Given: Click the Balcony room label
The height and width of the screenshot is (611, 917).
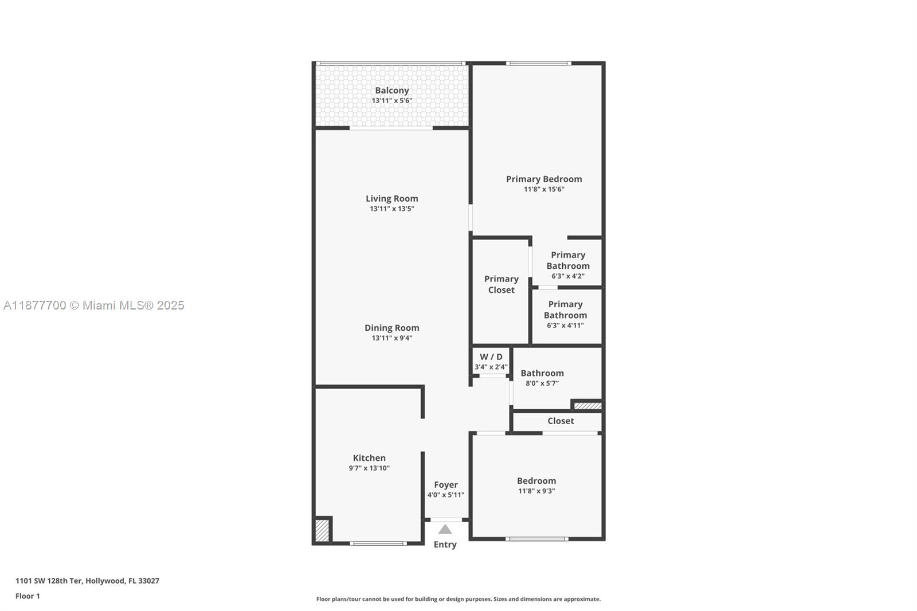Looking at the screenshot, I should coord(392,91).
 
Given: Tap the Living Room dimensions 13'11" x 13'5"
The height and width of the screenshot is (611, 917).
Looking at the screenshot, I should coord(392,209).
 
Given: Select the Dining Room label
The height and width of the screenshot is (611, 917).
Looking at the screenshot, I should coord(392,328).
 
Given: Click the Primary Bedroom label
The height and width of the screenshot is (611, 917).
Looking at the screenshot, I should coord(544,179).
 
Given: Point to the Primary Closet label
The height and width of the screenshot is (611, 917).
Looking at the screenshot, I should coord(501,284).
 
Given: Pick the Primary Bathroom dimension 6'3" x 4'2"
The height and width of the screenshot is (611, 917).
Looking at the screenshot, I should coord(568,276).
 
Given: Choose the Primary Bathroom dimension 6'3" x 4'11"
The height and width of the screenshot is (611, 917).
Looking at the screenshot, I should coord(565,326).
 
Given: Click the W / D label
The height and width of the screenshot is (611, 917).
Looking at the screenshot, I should coord(491,357).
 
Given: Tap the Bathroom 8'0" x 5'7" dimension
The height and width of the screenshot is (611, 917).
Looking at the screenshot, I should coord(542,383).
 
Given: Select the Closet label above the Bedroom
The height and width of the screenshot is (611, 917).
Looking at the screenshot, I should coord(561,421).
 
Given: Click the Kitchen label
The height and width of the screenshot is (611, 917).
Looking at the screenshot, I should coord(369,458).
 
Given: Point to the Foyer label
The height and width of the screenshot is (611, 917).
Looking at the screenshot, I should coord(446,485).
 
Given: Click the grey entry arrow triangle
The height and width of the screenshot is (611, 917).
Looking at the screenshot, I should coord(445,530).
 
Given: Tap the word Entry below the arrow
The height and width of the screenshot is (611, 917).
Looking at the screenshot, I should coord(445,545).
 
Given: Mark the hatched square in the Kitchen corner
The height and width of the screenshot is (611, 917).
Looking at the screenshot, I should coord(323,530).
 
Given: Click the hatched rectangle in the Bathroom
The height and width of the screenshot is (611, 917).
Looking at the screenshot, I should coord(588,406).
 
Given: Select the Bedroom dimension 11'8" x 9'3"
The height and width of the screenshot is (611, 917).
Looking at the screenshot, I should coord(536,491).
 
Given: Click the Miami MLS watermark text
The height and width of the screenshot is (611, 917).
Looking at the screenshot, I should coord(94,305).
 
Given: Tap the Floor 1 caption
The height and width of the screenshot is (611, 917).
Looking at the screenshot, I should coord(28,596).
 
